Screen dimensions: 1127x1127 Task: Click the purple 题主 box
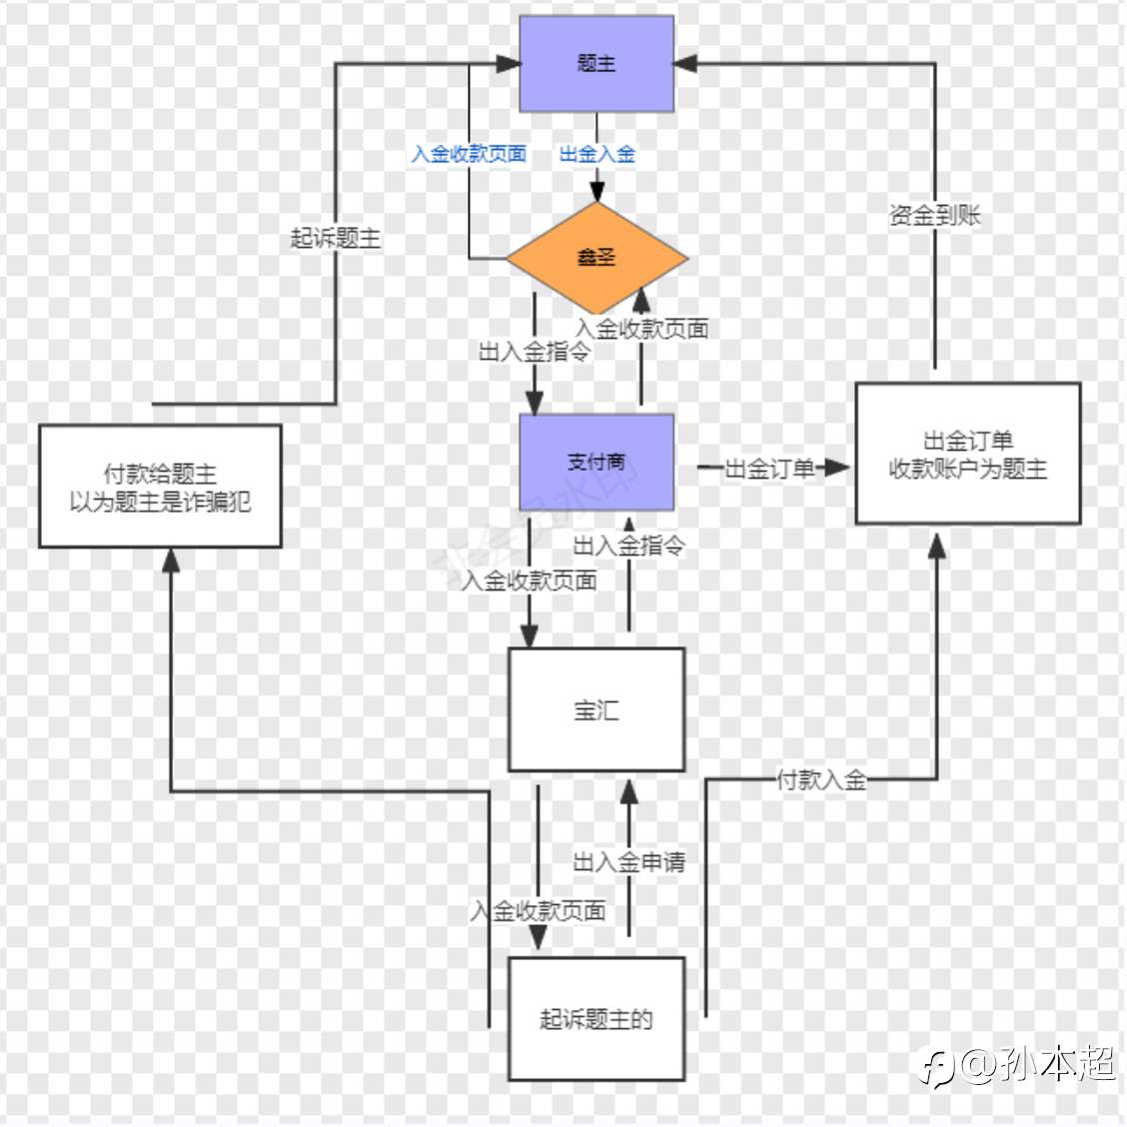596,64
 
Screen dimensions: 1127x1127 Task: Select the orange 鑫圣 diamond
597,258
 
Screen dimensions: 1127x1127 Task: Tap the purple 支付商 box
596,463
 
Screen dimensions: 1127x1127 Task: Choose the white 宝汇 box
596,710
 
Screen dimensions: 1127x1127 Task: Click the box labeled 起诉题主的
596,1018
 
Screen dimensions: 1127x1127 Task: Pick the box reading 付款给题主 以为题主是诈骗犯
160,487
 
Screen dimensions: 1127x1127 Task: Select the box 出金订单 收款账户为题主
968,454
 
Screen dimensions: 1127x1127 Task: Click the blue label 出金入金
597,154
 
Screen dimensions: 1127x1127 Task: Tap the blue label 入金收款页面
470,154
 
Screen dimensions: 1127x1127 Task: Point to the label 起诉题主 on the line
336,238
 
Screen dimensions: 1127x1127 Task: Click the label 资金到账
935,215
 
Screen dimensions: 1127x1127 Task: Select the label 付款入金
821,780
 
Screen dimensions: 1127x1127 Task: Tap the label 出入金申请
629,862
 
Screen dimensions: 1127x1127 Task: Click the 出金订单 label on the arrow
769,469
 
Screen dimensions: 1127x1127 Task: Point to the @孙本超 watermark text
1037,1064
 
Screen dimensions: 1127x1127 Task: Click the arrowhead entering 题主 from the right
685,63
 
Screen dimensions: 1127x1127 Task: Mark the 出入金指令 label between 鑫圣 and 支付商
535,352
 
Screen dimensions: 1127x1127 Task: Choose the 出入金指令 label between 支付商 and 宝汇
629,546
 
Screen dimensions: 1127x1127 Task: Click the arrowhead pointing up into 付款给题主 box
171,561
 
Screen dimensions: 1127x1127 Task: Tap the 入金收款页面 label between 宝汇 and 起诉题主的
539,910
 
